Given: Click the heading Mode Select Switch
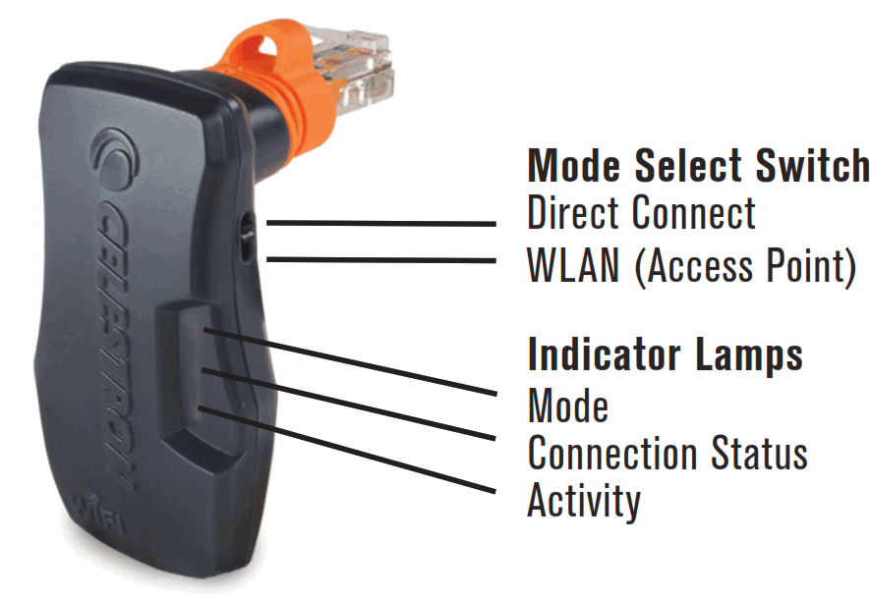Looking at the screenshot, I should click(x=698, y=166).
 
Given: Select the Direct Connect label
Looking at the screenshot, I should click(x=641, y=213).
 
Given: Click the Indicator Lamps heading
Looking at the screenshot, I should click(x=665, y=354).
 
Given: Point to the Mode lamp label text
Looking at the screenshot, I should click(x=567, y=405).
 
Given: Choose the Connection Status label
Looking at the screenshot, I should click(x=667, y=453).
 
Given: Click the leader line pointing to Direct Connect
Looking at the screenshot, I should click(x=383, y=224).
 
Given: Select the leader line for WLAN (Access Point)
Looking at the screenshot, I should click(x=383, y=260).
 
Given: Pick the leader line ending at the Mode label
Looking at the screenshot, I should click(x=344, y=360).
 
